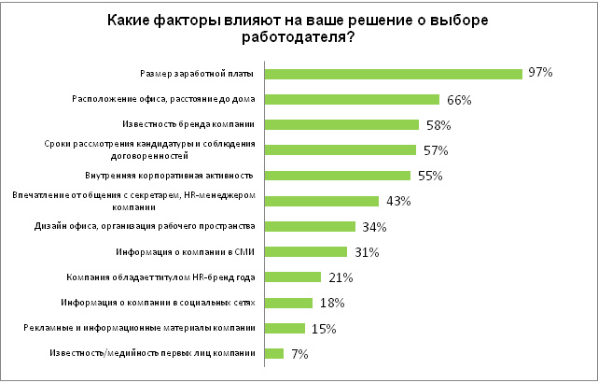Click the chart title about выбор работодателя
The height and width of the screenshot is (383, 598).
(x=299, y=28)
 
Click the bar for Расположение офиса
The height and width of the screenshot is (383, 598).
(x=352, y=99)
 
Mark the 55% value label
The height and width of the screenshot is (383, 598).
(x=429, y=176)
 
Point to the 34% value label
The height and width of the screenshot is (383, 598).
(x=374, y=226)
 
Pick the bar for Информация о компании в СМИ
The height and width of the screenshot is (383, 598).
(x=306, y=251)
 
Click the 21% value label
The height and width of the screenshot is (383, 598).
(x=339, y=277)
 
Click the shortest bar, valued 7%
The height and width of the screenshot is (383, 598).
(x=274, y=353)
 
